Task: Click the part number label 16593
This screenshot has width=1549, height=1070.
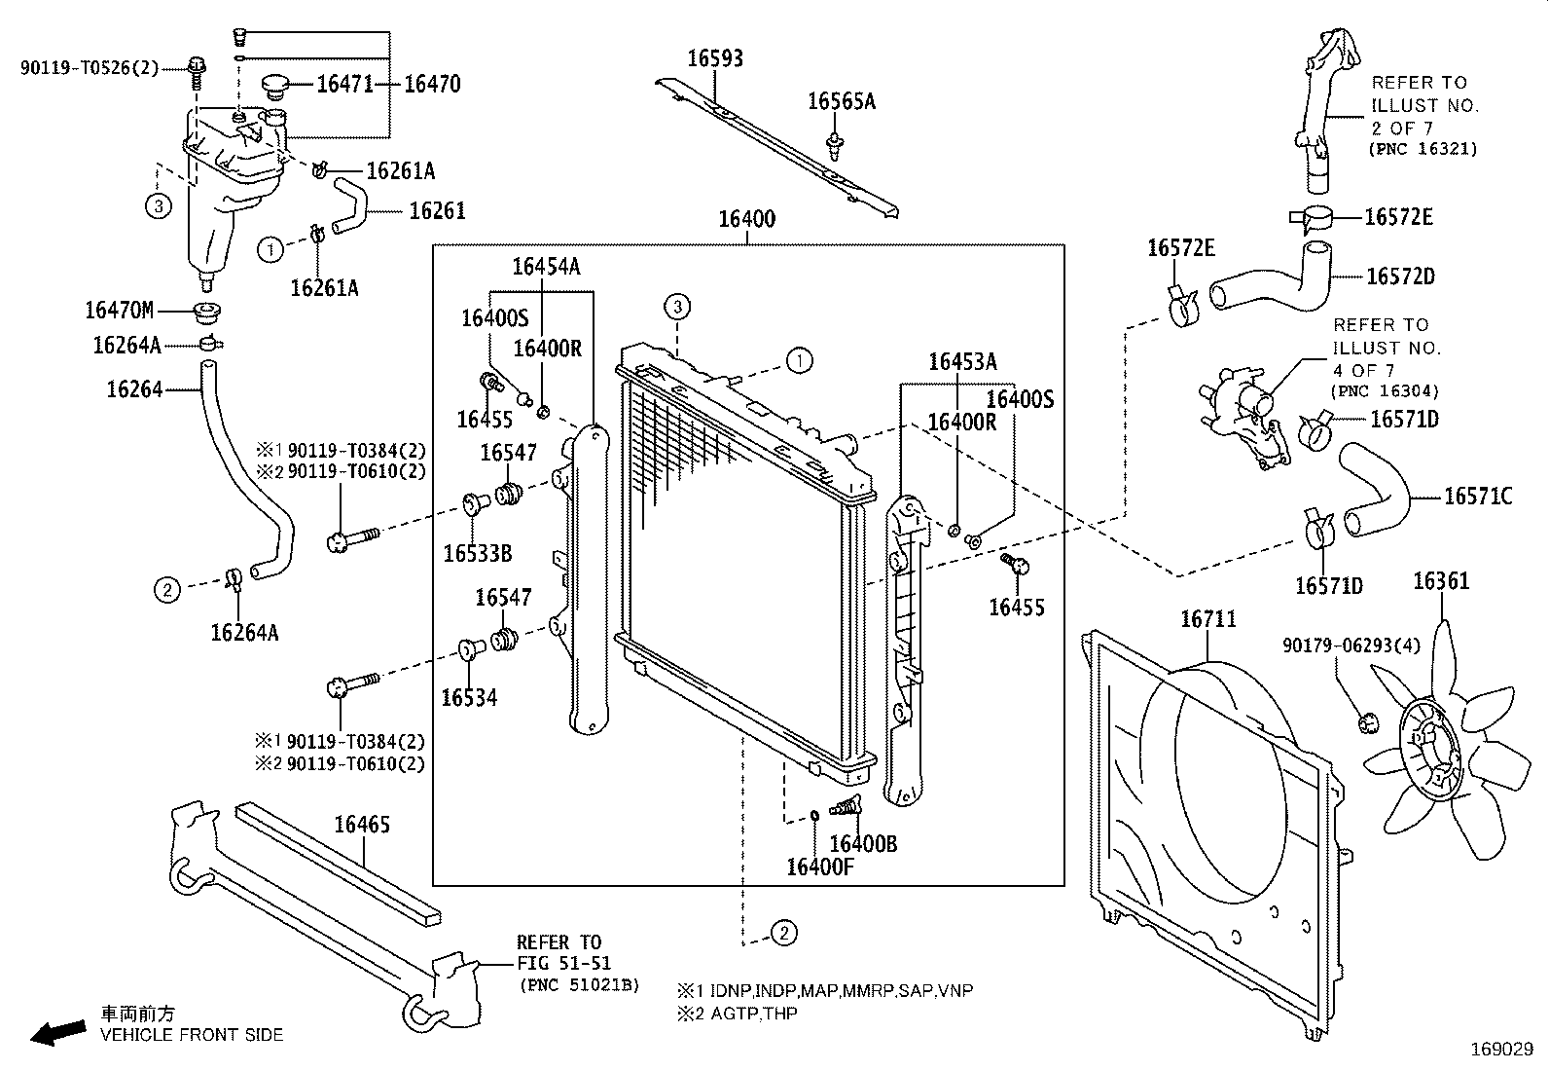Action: pos(715,58)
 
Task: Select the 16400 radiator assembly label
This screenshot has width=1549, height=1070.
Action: pos(746,219)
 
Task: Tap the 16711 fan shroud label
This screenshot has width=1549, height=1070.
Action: pos(1207,619)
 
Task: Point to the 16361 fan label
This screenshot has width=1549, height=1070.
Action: pos(1440,582)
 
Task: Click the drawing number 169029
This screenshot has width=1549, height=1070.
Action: pos(1500,1051)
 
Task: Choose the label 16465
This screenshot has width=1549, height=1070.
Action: pos(362,825)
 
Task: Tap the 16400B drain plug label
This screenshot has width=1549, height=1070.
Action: pos(863,844)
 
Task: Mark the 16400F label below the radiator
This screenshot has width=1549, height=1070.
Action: pos(819,867)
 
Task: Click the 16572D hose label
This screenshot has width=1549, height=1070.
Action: pos(1399,277)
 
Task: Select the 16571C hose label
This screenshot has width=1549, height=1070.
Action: pos(1478,497)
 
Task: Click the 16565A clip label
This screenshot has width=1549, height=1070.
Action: pos(842,101)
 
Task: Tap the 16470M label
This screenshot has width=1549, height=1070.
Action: pos(119,311)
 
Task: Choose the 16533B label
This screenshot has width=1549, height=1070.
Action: pos(477,554)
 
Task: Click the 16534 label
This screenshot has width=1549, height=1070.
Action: pos(469,697)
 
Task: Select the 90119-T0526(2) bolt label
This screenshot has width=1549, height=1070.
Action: pos(89,67)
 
